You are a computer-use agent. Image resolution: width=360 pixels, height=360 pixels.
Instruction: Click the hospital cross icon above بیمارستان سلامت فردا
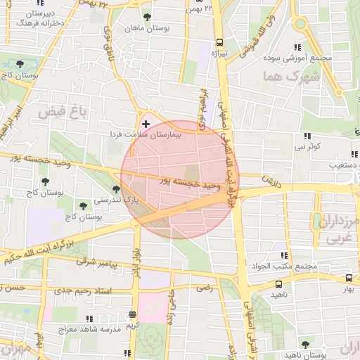click(146, 124)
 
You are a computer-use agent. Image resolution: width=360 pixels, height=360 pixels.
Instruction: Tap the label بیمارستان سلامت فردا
click(146, 134)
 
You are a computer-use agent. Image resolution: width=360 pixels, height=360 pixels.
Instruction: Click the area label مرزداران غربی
click(341, 230)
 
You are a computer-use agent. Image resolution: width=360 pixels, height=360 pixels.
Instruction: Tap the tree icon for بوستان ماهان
click(146, 18)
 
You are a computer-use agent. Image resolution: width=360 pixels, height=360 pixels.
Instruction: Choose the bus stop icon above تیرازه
click(219, 41)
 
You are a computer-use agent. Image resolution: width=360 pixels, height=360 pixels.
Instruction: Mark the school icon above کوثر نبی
click(307, 136)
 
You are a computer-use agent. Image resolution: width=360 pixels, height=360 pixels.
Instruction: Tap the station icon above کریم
click(133, 314)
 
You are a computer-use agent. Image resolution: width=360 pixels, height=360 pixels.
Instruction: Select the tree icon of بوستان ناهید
click(304, 345)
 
